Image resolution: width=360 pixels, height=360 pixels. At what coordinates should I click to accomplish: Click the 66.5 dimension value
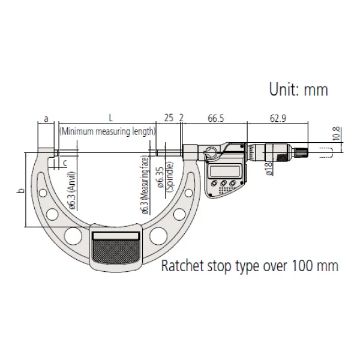(217, 119)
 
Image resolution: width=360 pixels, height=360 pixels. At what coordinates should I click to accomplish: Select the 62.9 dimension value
(277, 119)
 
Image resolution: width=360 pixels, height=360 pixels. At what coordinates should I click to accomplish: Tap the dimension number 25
(168, 119)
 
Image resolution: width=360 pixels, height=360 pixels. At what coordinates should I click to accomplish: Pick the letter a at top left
(47, 119)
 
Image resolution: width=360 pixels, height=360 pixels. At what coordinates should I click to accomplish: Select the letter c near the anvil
(65, 162)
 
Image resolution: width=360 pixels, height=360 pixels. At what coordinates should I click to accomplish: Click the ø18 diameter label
(269, 167)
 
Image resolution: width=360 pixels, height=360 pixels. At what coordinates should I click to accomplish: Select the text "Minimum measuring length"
(107, 131)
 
